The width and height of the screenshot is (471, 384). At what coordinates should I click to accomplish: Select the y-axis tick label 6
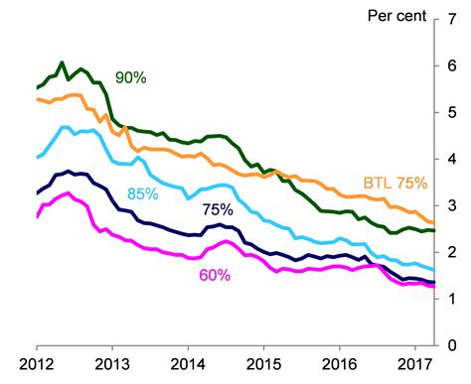click(454, 65)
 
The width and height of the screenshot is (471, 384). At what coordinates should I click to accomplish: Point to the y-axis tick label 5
click(454, 112)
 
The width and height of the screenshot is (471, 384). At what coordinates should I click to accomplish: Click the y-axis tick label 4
click(454, 159)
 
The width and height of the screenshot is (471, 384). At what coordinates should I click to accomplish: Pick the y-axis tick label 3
click(454, 205)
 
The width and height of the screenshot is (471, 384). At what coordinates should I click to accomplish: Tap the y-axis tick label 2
click(454, 252)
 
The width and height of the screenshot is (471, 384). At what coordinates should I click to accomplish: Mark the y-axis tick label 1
click(454, 299)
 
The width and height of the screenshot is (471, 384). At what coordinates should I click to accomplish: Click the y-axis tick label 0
click(454, 345)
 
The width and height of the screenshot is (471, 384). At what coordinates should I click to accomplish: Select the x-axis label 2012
click(37, 364)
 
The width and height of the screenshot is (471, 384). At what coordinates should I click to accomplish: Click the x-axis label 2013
click(112, 364)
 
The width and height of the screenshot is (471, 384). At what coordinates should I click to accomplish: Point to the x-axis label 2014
click(188, 364)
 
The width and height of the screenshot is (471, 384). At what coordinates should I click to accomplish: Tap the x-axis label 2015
click(263, 364)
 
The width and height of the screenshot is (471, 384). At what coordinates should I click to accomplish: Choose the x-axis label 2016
click(339, 364)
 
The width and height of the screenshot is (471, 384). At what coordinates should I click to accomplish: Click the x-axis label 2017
click(414, 364)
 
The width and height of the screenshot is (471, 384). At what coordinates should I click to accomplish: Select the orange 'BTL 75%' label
click(393, 184)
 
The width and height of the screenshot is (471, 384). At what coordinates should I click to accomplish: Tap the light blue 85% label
click(141, 193)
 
